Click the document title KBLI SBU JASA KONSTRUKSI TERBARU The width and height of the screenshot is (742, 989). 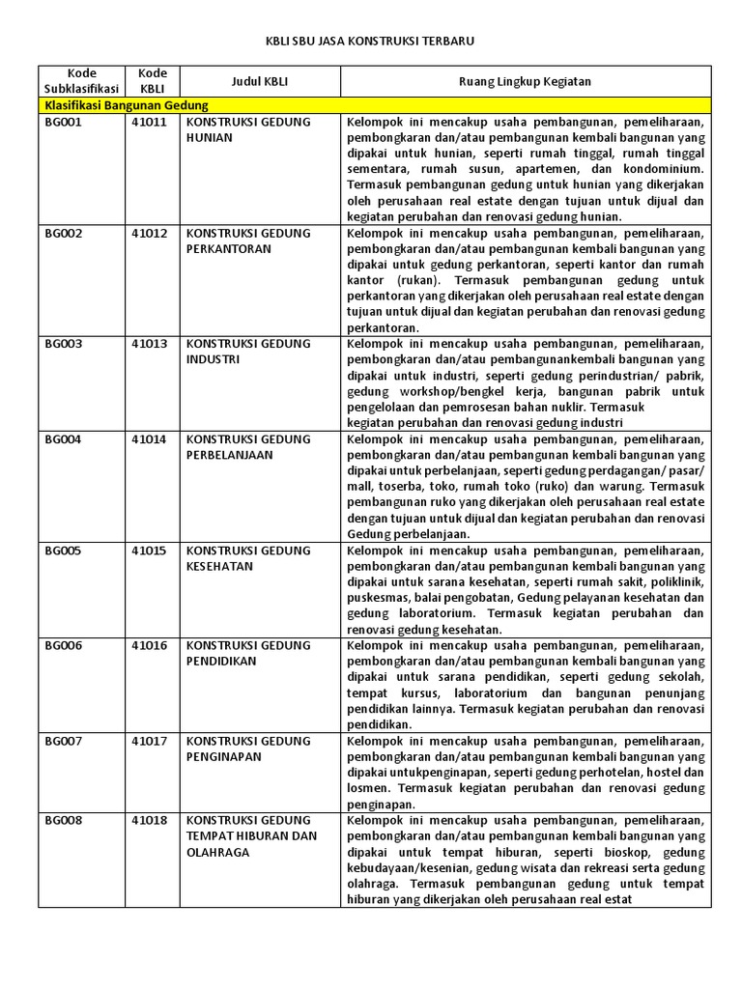point(370,42)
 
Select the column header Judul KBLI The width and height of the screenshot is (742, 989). point(259,81)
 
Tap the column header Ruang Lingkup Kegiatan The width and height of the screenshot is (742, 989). point(525,81)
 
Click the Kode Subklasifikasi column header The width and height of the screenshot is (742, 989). point(81,81)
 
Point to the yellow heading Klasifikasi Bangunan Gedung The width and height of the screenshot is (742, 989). point(127,105)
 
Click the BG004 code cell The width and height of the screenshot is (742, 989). point(63,439)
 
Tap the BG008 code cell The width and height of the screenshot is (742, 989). point(63,820)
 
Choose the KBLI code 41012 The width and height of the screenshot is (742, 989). point(150,234)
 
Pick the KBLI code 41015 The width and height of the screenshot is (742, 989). point(150,551)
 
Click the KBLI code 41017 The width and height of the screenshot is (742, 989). point(150,741)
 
